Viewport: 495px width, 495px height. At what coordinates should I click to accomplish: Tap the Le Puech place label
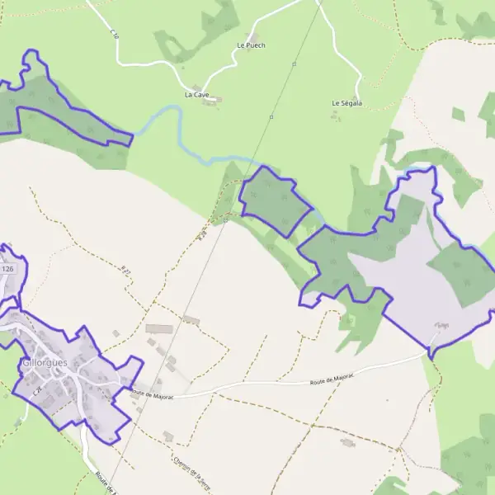pyautogui.click(x=251, y=45)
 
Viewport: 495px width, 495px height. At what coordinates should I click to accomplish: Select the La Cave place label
pyautogui.click(x=196, y=95)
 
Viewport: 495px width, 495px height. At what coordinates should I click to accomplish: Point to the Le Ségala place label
pyautogui.click(x=347, y=103)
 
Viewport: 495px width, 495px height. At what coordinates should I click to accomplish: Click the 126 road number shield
pyautogui.click(x=8, y=269)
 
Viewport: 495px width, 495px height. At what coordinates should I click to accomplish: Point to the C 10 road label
pyautogui.click(x=114, y=34)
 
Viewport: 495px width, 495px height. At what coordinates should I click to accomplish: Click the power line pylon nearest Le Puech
pyautogui.click(x=294, y=63)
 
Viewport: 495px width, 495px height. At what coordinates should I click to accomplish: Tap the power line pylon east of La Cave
pyautogui.click(x=271, y=117)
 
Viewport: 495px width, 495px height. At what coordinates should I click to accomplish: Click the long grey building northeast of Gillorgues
pyautogui.click(x=158, y=329)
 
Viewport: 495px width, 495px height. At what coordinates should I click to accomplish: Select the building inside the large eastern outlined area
pyautogui.click(x=442, y=326)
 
